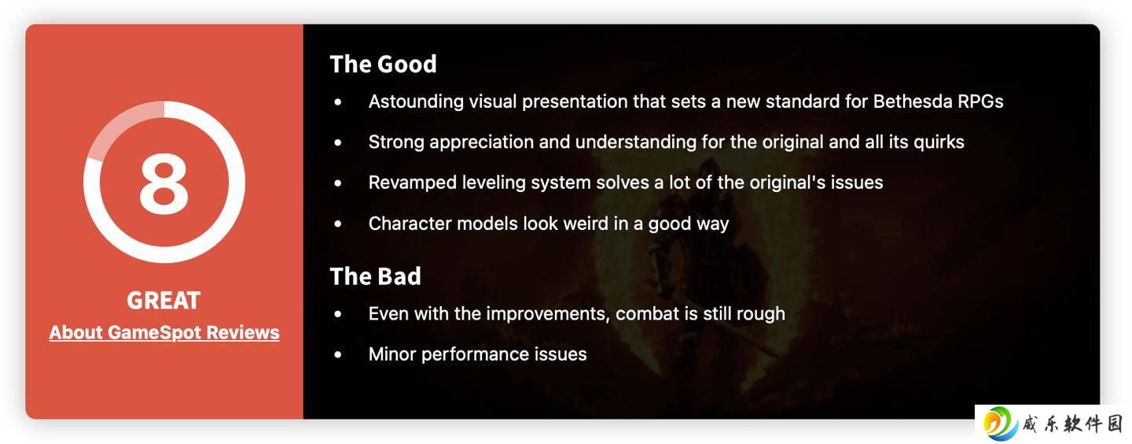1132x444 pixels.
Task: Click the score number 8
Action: click(x=164, y=183)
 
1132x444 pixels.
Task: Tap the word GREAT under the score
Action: click(x=164, y=300)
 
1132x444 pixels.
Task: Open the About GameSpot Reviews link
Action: click(x=164, y=333)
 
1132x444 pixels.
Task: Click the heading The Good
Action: click(x=383, y=65)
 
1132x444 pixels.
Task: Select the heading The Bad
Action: click(x=376, y=276)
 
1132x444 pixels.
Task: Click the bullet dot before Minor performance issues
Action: click(x=337, y=354)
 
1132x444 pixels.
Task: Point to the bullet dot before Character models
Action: click(x=337, y=224)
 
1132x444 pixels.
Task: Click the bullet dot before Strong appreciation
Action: click(x=337, y=142)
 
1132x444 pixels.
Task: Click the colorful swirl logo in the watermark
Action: click(x=1000, y=424)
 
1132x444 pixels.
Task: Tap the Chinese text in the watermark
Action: click(x=1072, y=424)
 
